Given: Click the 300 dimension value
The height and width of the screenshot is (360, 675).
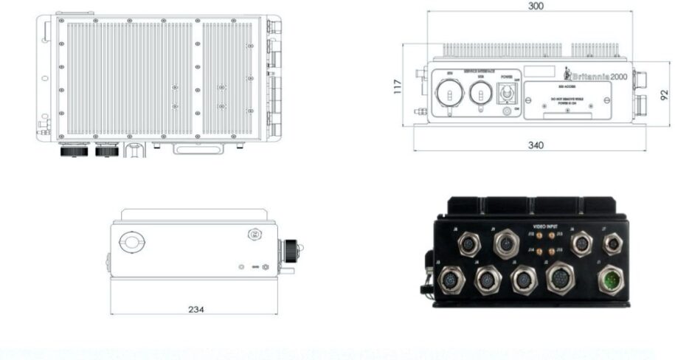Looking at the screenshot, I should [x=536, y=6].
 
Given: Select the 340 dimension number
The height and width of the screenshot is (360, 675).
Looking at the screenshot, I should [x=536, y=145].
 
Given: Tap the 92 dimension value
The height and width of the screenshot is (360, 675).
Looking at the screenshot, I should [x=664, y=94].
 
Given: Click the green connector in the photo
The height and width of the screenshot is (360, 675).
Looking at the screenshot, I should [x=612, y=280].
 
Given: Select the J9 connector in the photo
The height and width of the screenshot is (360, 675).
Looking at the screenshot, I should [x=507, y=243].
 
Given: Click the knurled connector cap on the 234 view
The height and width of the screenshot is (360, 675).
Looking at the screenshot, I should [x=291, y=249].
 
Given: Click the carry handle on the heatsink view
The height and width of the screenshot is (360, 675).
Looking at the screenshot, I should [x=197, y=149].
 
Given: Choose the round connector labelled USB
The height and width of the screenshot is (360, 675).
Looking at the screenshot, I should [x=481, y=94].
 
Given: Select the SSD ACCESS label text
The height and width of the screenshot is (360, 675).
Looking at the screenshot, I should [x=567, y=87].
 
